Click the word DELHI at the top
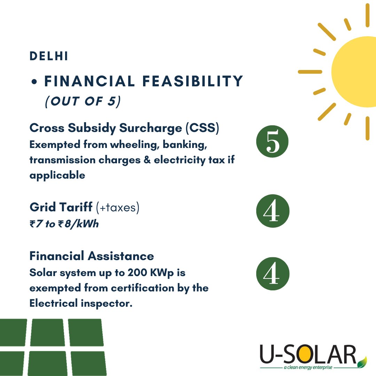tap(49, 56)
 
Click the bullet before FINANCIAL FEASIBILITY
tap(34, 83)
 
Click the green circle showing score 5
tap(272, 142)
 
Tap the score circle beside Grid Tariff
tap(272, 211)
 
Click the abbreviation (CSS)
tap(202, 128)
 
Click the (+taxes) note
tap(118, 208)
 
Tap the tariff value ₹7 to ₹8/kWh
tap(64, 224)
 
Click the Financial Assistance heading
tap(92, 256)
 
